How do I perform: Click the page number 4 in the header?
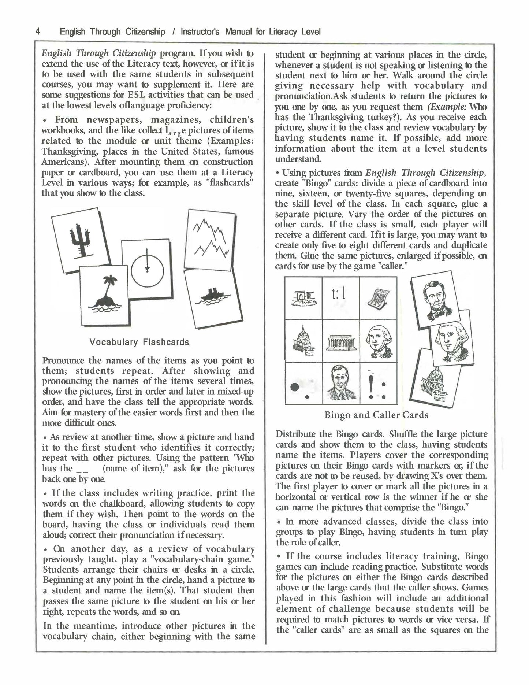[38, 32]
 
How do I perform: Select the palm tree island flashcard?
[104, 296]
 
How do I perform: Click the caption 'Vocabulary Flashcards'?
[139, 342]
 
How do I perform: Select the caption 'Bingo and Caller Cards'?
[376, 415]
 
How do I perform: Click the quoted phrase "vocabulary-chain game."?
[194, 559]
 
